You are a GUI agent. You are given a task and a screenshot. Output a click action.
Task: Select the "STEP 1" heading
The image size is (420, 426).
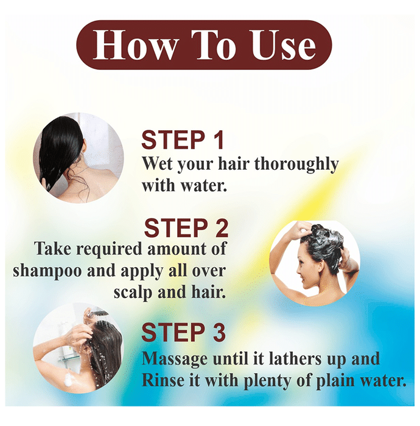pyautogui.click(x=183, y=140)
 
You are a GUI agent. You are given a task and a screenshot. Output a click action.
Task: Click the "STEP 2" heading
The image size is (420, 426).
pyautogui.click(x=186, y=228)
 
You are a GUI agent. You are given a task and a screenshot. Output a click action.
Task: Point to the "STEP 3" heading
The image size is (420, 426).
pyautogui.click(x=183, y=332)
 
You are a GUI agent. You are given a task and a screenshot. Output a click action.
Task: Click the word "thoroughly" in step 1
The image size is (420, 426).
pyautogui.click(x=296, y=165)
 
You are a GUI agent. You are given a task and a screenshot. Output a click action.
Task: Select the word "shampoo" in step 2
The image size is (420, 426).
pyautogui.click(x=47, y=271)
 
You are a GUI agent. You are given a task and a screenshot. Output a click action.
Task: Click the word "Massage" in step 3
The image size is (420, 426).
pyautogui.click(x=175, y=360)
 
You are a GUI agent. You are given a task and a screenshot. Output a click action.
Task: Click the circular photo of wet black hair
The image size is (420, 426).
pyautogui.click(x=79, y=158)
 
